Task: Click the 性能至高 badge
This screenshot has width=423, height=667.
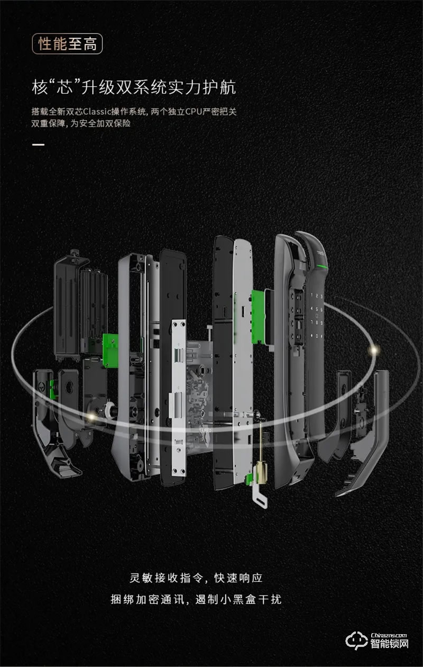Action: (x=67, y=44)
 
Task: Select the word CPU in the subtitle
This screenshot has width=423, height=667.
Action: (x=194, y=112)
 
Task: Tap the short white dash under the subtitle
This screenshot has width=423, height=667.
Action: (x=38, y=145)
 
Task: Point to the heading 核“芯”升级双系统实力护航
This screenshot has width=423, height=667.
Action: (x=134, y=87)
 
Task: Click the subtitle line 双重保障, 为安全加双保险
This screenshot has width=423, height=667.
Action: (x=81, y=123)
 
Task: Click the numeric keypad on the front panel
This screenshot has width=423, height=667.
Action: (x=317, y=316)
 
